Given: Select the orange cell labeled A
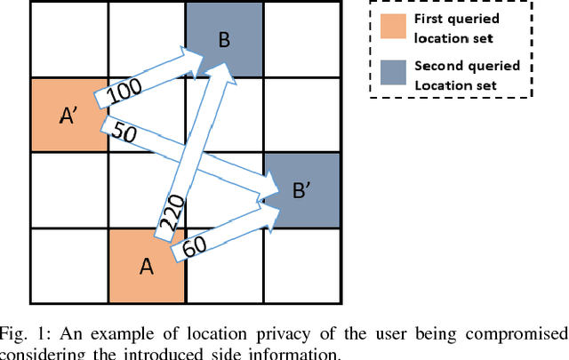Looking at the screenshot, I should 147,266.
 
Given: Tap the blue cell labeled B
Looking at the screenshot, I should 225,38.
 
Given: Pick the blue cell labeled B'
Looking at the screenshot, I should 302,190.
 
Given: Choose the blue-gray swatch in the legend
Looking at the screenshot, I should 389,76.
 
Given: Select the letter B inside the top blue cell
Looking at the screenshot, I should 225,39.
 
